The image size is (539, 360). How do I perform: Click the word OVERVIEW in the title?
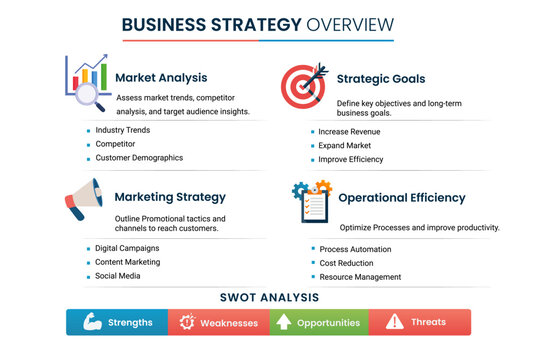click(350, 25)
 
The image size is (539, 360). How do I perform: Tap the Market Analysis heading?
click(161, 78)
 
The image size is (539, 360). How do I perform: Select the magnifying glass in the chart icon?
click(89, 96)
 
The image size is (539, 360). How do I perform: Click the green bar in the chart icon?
click(103, 77)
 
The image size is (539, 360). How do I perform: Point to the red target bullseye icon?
click(302, 87)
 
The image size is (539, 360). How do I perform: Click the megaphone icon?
click(84, 199)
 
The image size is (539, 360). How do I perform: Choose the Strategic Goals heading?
click(381, 79)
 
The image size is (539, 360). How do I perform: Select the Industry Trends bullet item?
click(123, 130)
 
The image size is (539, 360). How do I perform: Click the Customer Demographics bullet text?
click(139, 158)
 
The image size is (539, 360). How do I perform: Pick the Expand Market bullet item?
click(344, 145)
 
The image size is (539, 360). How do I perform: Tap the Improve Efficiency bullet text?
click(351, 159)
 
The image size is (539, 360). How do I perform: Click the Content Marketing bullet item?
click(128, 262)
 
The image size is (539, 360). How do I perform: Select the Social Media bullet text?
click(118, 276)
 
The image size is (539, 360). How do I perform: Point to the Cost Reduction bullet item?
click(346, 263)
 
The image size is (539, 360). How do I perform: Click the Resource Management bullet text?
click(360, 277)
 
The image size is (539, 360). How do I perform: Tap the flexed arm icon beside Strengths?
click(92, 322)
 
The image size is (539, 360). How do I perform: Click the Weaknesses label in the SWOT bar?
click(229, 323)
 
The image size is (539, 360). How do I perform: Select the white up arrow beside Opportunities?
click(284, 322)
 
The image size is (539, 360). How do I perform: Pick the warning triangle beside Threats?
click(395, 321)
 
